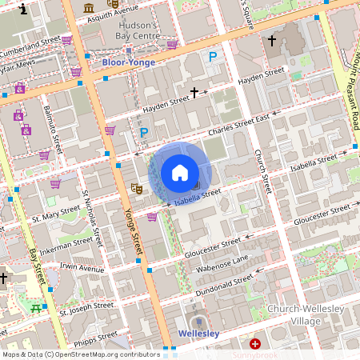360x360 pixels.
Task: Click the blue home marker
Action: (180, 173)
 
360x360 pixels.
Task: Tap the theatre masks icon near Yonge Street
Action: (137, 188)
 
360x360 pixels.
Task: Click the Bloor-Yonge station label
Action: (127, 62)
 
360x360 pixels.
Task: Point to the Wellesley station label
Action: (198, 333)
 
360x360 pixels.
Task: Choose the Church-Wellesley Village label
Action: (306, 315)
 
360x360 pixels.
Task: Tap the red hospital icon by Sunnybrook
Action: (255, 344)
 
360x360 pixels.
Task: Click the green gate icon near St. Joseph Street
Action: (34, 307)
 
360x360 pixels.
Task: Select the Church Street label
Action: (265, 171)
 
